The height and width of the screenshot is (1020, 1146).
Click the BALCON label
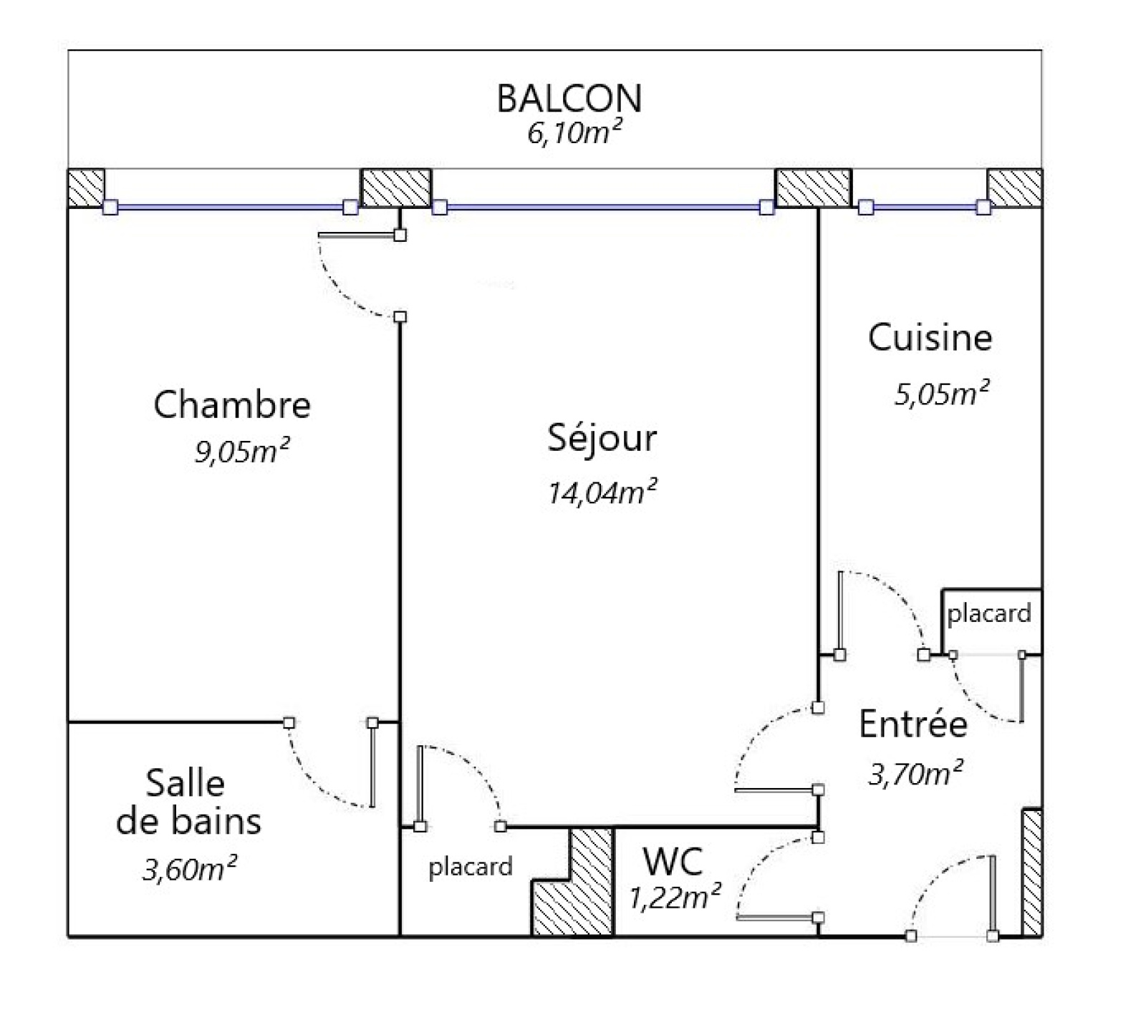point(569,99)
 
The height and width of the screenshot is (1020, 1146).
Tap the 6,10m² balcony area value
point(574,133)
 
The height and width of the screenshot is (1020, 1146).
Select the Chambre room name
point(232,404)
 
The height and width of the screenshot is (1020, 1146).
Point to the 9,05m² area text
point(242,451)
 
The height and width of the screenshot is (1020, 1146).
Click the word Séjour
point(602,437)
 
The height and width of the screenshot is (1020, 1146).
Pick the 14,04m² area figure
point(602,492)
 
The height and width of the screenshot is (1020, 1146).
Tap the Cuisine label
point(930,337)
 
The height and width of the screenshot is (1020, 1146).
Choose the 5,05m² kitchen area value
point(942,394)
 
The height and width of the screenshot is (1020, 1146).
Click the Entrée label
point(913,724)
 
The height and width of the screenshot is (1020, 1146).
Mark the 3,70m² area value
point(915,773)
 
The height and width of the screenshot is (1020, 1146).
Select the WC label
point(673,862)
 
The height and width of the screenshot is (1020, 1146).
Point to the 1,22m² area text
point(675,898)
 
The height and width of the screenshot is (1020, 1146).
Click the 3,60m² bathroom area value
point(190,869)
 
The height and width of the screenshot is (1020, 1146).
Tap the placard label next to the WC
point(471,868)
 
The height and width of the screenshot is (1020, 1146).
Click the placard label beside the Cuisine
point(989,614)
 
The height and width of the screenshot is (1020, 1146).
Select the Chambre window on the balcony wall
point(230,208)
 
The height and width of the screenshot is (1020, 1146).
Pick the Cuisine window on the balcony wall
point(925,208)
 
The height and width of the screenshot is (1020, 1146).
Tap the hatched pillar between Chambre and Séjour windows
point(396,188)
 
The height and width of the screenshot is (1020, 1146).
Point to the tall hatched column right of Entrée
point(1031,873)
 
